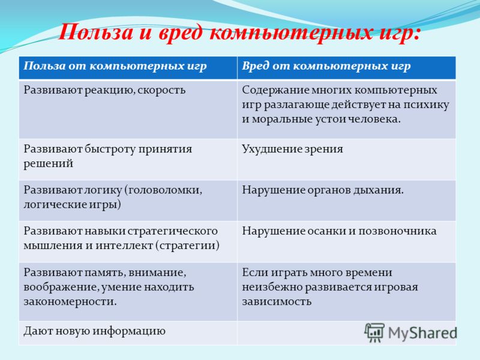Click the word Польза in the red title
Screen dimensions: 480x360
click(x=95, y=32)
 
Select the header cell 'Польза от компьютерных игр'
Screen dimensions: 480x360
click(x=128, y=68)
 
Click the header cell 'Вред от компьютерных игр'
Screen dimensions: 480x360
click(x=347, y=68)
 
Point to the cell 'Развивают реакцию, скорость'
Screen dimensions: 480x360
click(x=128, y=109)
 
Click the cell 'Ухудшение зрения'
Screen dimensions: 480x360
click(x=347, y=159)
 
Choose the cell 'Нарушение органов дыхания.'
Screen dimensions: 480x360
click(x=347, y=200)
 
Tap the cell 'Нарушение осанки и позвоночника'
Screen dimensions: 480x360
click(x=347, y=241)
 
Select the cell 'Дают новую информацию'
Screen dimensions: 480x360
click(x=128, y=333)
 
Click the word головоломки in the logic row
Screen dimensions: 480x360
click(x=163, y=190)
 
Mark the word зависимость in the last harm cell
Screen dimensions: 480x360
click(x=277, y=302)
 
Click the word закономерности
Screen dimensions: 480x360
click(x=70, y=302)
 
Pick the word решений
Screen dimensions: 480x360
click(x=49, y=164)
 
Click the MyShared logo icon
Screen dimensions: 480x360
click(x=374, y=332)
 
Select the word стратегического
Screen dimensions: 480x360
click(x=173, y=231)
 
